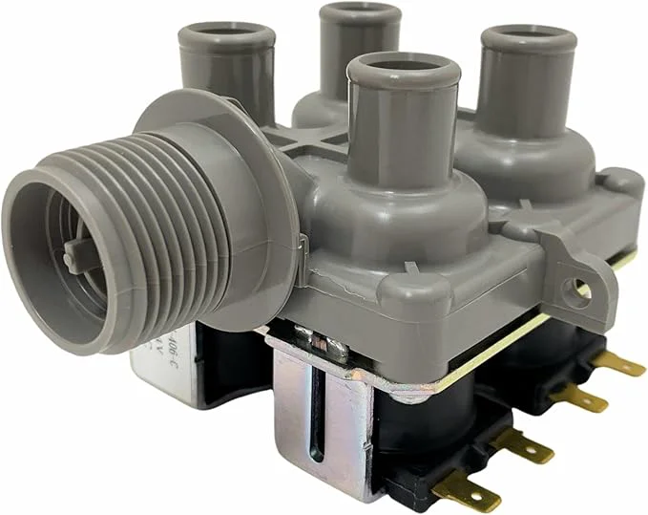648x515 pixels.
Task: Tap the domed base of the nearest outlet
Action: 382,205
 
